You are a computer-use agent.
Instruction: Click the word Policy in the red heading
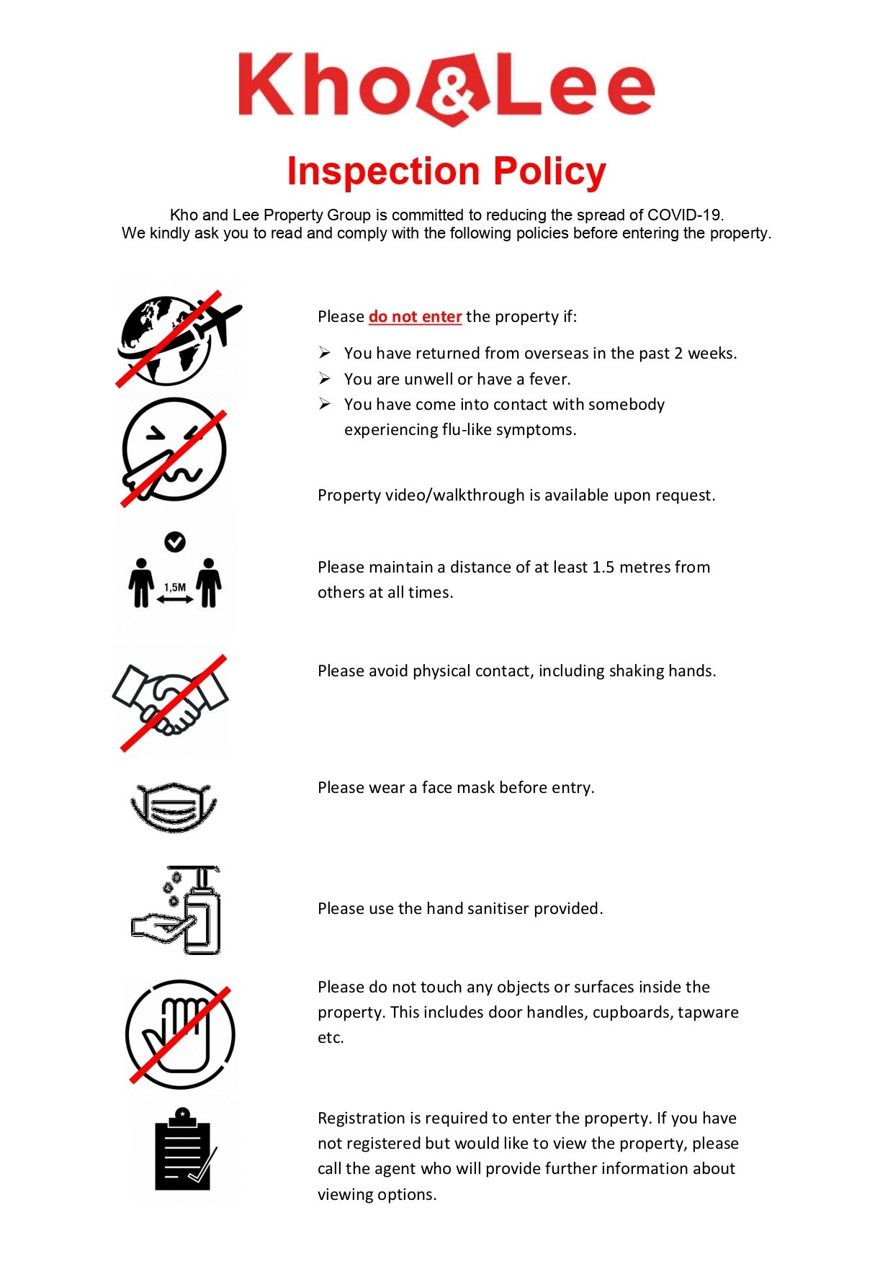(x=549, y=171)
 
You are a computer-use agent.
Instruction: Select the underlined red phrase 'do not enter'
(x=415, y=317)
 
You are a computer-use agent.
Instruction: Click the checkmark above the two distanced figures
(x=175, y=542)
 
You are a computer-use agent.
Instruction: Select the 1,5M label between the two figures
(x=175, y=588)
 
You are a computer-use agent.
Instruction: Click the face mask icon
(x=174, y=806)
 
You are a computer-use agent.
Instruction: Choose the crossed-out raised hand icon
(x=180, y=1034)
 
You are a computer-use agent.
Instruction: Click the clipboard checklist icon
(x=184, y=1149)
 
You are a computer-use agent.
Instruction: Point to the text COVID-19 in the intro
(x=684, y=215)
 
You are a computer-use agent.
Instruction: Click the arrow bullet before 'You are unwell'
(x=326, y=379)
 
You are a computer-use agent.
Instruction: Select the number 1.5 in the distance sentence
(x=603, y=568)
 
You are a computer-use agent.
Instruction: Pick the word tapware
(x=708, y=1013)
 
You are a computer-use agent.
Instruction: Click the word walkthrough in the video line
(x=479, y=496)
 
